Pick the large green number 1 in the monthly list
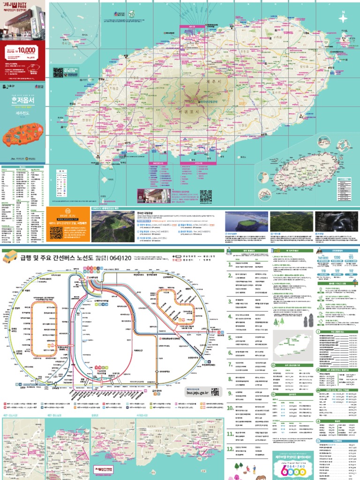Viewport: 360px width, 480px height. coord(230,264)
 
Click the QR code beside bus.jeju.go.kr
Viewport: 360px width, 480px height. coord(215,392)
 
